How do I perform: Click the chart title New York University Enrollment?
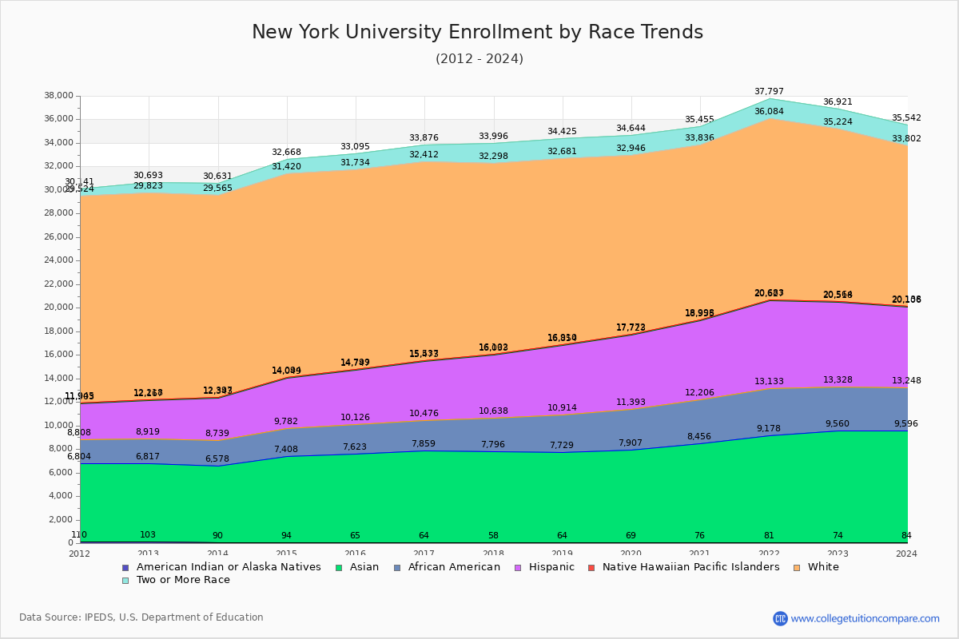click(477, 32)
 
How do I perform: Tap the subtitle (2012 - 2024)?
click(479, 59)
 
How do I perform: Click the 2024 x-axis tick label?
click(906, 554)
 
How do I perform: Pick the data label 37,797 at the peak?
click(770, 92)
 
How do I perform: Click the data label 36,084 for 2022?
click(770, 112)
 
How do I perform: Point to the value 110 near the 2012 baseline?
click(79, 535)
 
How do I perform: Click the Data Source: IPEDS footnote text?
click(141, 617)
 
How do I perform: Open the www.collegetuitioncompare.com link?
click(865, 618)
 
